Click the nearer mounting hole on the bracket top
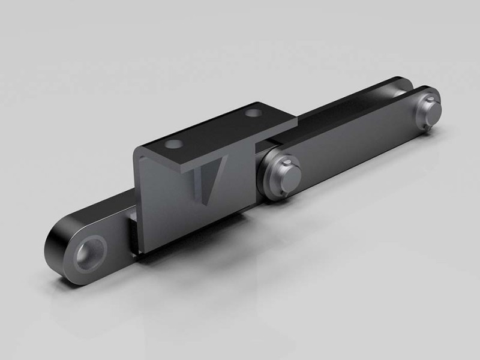click(x=175, y=144)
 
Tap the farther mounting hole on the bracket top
click(x=255, y=112)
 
